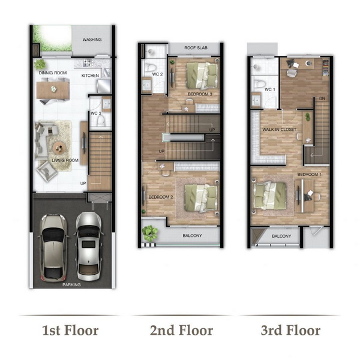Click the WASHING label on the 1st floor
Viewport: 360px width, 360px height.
point(92,40)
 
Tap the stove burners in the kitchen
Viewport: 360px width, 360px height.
point(88,62)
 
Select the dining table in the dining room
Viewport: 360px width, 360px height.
point(53,90)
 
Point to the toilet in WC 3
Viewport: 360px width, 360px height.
point(101,121)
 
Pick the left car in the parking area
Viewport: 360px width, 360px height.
point(54,248)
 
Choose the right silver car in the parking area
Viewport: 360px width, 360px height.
point(89,246)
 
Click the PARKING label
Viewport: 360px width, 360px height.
point(71,284)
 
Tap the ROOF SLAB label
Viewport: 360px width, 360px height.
point(196,48)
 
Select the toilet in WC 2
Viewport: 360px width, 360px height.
point(151,67)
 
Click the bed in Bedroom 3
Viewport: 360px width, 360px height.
point(202,76)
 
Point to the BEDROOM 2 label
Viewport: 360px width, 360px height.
point(160,197)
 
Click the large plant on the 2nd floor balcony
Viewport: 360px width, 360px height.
point(149,233)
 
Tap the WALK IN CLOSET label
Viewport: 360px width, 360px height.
point(279,130)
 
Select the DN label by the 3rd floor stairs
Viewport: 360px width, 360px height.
point(322,98)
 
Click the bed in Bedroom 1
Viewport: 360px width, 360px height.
point(269,196)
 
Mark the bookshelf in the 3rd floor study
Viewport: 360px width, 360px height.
point(326,68)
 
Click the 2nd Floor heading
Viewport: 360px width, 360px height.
point(181,331)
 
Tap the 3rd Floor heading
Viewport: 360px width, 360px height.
point(290,331)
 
